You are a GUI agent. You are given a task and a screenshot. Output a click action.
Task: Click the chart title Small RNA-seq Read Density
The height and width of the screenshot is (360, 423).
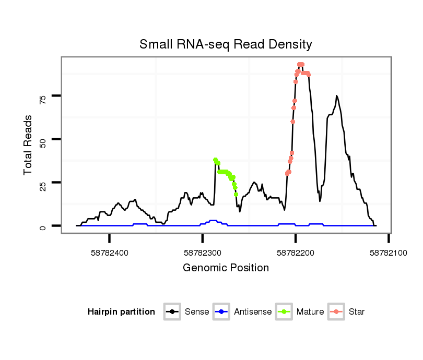point(226,44)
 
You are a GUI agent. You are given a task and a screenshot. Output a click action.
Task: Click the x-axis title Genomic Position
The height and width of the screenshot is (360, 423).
point(226,268)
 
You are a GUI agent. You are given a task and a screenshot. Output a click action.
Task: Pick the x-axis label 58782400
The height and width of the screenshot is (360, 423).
point(110,253)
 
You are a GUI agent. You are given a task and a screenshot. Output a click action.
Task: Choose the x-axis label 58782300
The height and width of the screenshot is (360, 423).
point(203,253)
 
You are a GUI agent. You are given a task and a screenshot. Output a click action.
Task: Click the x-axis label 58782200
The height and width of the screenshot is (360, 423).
point(296,253)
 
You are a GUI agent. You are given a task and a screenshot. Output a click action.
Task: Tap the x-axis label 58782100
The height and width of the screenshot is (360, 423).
point(389,253)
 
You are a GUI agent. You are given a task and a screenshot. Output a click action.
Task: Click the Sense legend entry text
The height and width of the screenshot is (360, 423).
point(197,312)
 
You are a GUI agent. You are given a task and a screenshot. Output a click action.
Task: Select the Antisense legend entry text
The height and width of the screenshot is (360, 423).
point(253,312)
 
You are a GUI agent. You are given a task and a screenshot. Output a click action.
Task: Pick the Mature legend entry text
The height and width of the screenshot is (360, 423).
point(310,312)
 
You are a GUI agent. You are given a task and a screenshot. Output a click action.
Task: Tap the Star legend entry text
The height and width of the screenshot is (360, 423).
point(357,312)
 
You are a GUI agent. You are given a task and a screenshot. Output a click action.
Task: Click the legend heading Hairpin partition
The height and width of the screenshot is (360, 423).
point(121,312)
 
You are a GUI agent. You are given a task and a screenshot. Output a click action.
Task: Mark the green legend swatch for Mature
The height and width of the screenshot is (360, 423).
point(284,312)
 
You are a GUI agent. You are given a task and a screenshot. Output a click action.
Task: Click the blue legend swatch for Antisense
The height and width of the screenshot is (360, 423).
point(221,312)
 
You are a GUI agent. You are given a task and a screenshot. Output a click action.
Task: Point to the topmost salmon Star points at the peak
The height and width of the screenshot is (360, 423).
point(301,64)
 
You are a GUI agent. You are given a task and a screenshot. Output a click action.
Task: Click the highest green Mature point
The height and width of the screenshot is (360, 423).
point(215,160)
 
